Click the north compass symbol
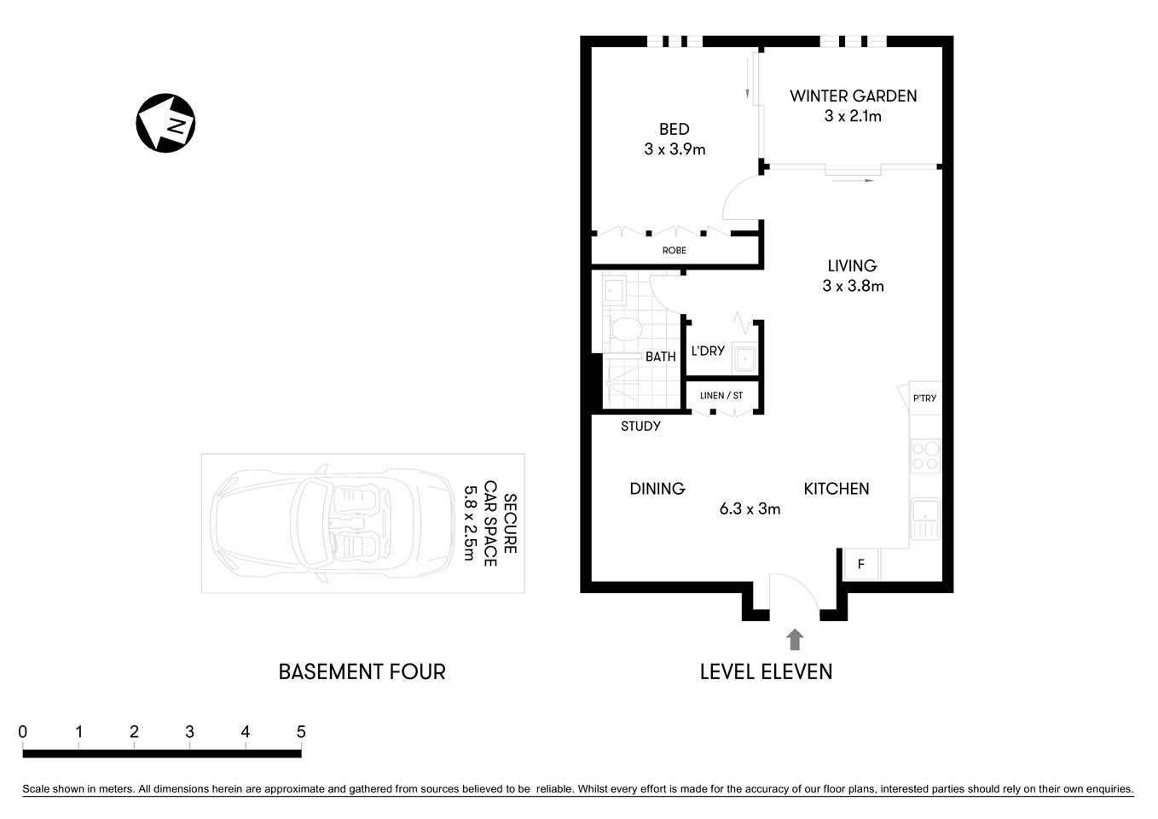click(166, 123)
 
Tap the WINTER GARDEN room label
click(853, 96)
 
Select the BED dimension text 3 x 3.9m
click(675, 149)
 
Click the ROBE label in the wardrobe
click(674, 251)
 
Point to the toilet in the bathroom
click(626, 329)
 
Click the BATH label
click(660, 357)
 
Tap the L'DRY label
click(708, 351)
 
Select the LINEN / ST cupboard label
click(721, 396)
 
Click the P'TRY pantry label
click(924, 398)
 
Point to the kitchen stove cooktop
click(925, 456)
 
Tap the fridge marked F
click(861, 564)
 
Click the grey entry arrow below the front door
click(795, 639)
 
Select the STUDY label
click(640, 426)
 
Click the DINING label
click(657, 489)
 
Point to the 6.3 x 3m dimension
click(750, 509)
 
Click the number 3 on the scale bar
click(190, 732)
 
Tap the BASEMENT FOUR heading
click(362, 672)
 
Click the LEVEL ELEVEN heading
click(766, 672)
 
